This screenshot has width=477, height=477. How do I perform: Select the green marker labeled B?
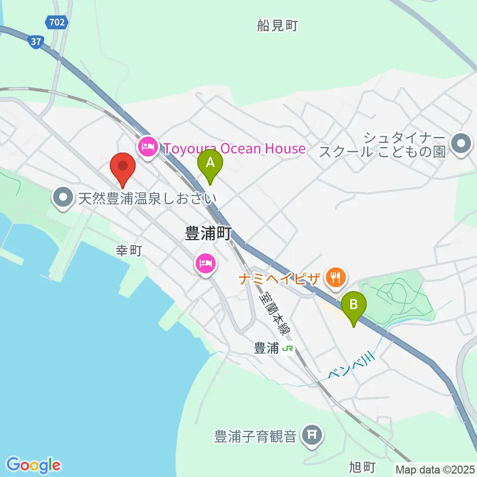[353, 306]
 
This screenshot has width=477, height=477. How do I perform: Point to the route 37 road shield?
[35, 42]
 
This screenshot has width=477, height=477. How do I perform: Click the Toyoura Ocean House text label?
[234, 148]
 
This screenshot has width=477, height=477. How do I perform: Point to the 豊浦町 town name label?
[208, 234]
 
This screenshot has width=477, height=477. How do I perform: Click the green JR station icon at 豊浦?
[287, 349]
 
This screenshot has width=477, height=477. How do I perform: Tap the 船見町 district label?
[277, 26]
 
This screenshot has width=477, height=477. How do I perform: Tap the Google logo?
[33, 465]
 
